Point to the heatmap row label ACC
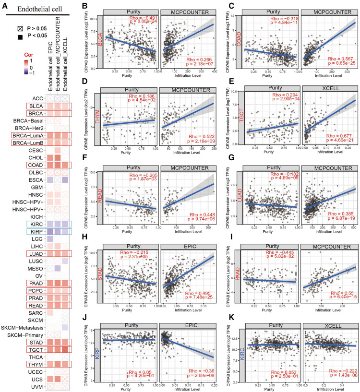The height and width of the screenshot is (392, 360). click(37, 98)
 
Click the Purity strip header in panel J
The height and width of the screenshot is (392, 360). click(131, 328)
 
